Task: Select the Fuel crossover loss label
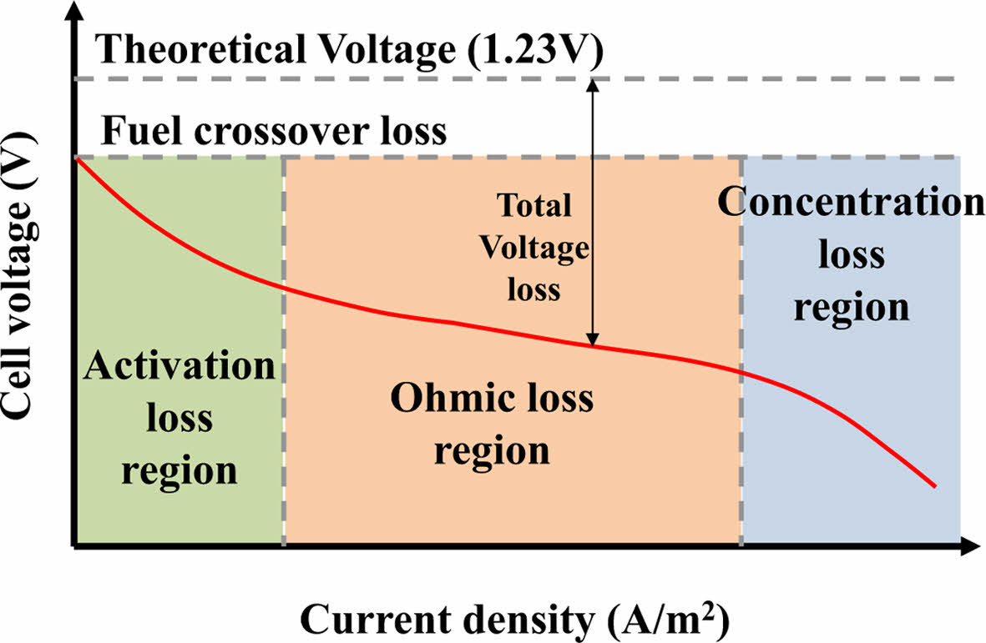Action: pyautogui.click(x=273, y=131)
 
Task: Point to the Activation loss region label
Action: pyautogui.click(x=180, y=417)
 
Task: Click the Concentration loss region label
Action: pyautogui.click(x=851, y=254)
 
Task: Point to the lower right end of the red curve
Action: pyautogui.click(x=933, y=485)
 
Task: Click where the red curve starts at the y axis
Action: pyautogui.click(x=78, y=158)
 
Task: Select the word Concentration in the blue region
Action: pyautogui.click(x=851, y=203)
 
